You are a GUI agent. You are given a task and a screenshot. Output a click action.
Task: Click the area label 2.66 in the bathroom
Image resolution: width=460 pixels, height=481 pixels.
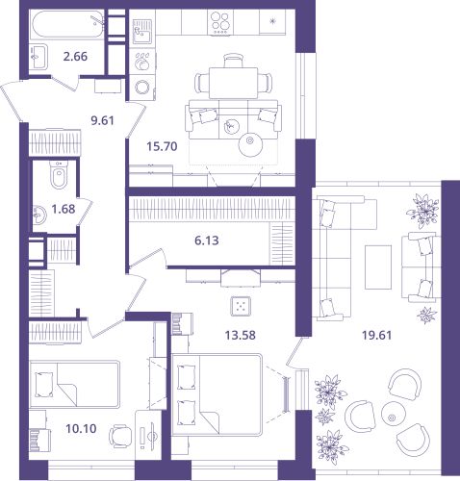tap(75, 57)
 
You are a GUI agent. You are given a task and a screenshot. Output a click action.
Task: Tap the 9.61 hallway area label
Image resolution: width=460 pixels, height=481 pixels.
tap(102, 120)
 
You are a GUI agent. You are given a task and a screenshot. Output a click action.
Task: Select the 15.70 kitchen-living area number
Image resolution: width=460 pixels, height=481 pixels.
tap(162, 146)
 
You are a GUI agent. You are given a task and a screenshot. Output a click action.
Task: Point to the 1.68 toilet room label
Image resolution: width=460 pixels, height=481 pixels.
tap(64, 209)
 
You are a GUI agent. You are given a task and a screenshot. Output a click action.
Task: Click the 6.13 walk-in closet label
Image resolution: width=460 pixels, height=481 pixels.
tap(207, 240)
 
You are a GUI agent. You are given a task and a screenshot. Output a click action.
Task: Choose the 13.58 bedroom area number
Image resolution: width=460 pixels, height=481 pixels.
tap(240, 336)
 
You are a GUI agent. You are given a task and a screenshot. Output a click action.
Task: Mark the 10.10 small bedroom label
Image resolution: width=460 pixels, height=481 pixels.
tap(81, 428)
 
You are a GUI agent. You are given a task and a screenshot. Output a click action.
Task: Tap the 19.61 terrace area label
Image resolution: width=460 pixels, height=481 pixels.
tap(376, 336)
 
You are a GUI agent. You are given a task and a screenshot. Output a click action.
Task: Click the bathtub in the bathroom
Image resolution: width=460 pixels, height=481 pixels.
tap(67, 25)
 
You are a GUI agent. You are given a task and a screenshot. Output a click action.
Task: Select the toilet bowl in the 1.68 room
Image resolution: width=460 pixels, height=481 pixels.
tap(59, 175)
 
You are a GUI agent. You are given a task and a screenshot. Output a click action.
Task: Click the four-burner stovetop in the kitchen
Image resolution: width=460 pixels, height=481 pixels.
tap(220, 22)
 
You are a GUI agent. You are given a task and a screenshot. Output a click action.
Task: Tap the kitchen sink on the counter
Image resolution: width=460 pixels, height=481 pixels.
tap(142, 32)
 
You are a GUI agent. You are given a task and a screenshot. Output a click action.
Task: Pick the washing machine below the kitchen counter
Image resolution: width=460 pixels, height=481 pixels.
tap(142, 87)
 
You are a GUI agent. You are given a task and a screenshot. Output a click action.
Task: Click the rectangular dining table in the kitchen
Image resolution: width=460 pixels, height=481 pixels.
tap(233, 83)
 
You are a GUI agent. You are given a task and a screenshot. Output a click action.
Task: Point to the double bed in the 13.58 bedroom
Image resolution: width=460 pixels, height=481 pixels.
tap(217, 394)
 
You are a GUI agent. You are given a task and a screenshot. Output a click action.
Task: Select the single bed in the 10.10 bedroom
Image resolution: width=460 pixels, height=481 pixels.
tap(75, 384)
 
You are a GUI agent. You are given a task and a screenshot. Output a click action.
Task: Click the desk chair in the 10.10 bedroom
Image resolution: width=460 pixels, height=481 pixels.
tap(121, 436)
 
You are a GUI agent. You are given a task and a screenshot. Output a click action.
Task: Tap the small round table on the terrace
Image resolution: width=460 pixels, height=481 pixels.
tap(392, 418)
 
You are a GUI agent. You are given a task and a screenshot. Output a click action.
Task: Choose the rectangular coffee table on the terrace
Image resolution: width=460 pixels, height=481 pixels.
tap(378, 267)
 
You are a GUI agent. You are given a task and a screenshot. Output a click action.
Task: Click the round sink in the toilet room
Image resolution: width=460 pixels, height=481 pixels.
tap(39, 215)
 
